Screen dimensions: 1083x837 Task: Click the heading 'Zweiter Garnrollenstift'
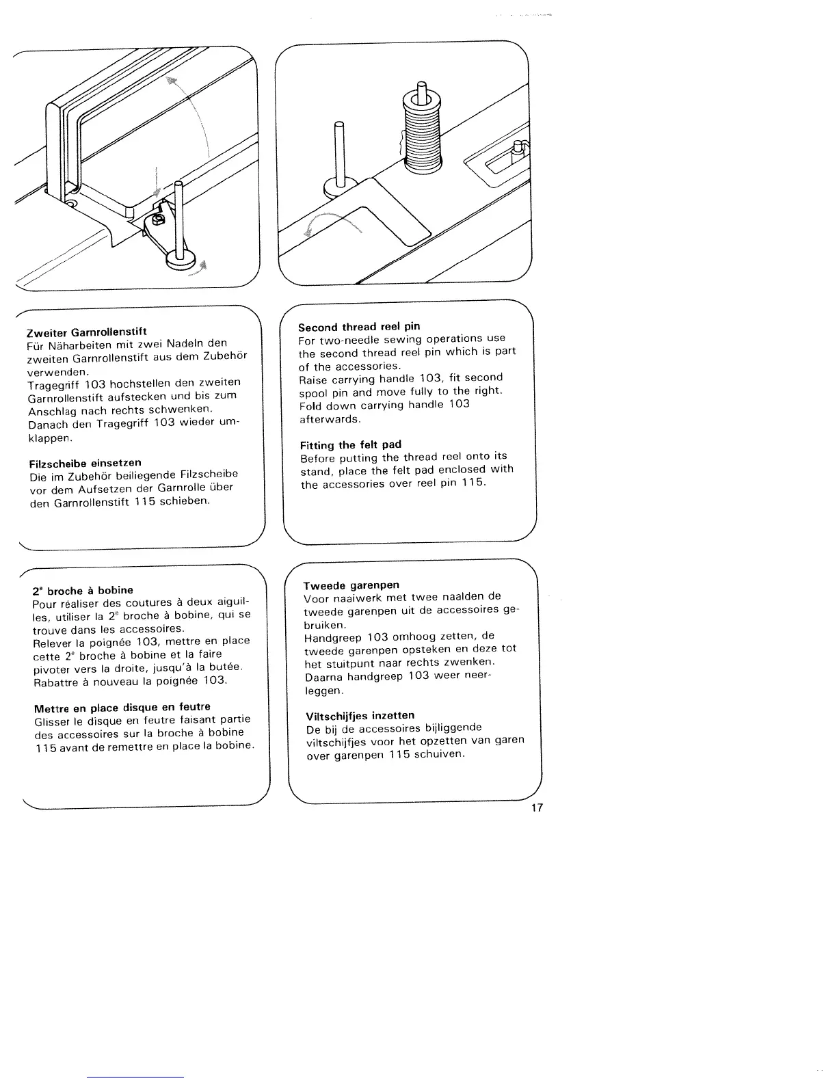pyautogui.click(x=86, y=332)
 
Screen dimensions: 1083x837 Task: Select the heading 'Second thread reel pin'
pyautogui.click(x=359, y=326)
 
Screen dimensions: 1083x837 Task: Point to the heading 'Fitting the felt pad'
pyautogui.click(x=350, y=444)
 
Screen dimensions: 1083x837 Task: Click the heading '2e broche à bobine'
pyautogui.click(x=82, y=590)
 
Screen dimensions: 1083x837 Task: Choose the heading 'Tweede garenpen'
pyautogui.click(x=351, y=585)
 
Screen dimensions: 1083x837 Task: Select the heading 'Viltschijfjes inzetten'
pyautogui.click(x=360, y=715)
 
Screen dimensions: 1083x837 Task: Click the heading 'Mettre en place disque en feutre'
pyautogui.click(x=122, y=707)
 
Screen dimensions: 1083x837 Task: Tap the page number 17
pyautogui.click(x=537, y=808)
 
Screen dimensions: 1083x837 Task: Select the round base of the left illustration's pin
pyautogui.click(x=181, y=258)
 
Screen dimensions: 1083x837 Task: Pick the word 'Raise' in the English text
pyautogui.click(x=313, y=378)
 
